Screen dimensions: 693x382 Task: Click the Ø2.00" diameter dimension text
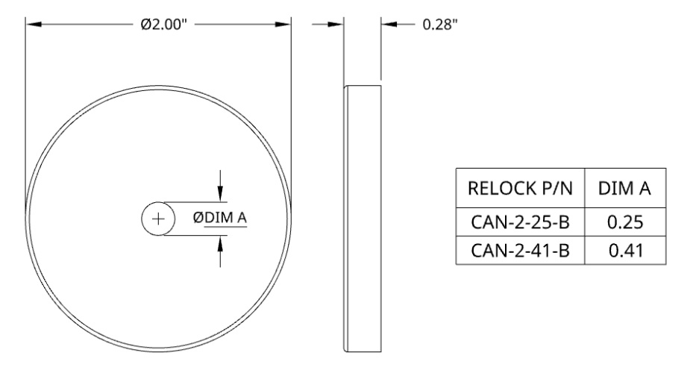164,25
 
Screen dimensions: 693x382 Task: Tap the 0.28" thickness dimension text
440,25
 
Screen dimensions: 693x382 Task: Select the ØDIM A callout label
219,218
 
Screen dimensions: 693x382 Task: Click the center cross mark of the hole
158,219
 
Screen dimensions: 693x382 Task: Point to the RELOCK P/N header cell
520,188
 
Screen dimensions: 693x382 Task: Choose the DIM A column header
625,188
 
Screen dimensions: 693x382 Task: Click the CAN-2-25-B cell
520,222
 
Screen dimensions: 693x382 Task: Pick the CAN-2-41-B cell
520,250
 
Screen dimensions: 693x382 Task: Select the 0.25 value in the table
625,222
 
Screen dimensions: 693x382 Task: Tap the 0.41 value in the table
626,251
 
